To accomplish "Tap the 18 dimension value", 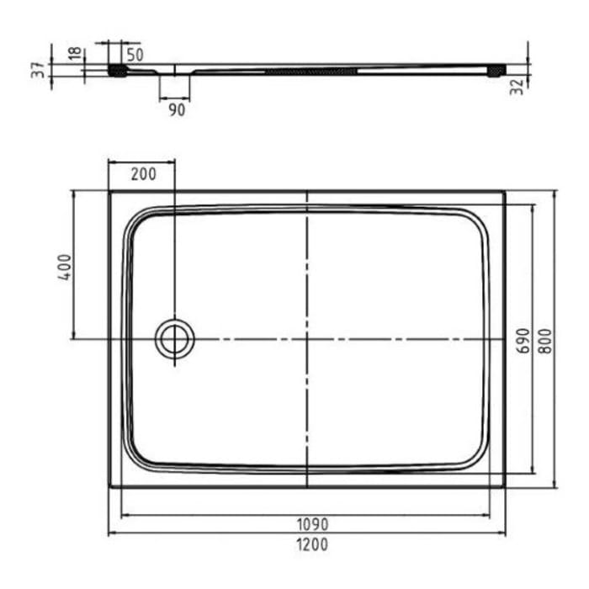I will coord(76,55).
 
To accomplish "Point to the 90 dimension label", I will coord(176,109).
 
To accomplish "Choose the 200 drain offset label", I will coord(144,175).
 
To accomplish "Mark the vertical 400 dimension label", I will coord(65,268).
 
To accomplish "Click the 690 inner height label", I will coord(523,340).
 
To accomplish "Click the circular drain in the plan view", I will coord(175,339).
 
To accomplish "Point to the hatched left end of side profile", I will coord(118,71).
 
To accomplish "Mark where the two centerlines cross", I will coord(307,339).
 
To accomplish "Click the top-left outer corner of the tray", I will coord(109,191).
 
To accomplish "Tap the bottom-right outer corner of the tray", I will coord(505,487).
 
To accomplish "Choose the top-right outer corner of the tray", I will coord(505,191).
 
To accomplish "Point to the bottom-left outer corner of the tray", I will coord(109,487).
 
